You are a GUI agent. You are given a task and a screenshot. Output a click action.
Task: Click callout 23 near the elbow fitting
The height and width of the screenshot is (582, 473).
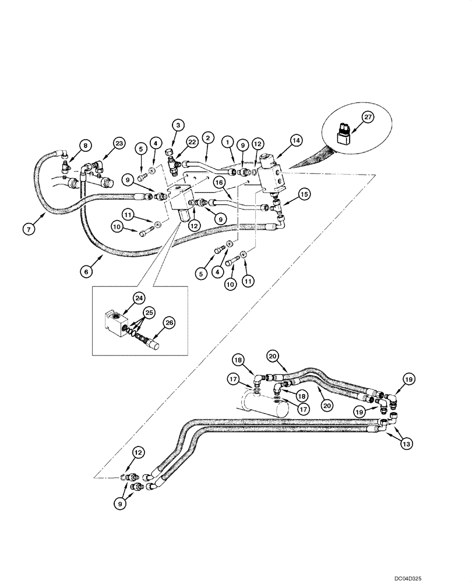119,144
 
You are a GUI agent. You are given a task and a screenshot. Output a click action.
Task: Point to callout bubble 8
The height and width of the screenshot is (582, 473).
86,145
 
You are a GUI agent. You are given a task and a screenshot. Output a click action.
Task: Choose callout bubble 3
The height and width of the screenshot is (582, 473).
178,124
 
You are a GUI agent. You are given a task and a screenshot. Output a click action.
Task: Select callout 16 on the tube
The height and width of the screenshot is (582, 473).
220,182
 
